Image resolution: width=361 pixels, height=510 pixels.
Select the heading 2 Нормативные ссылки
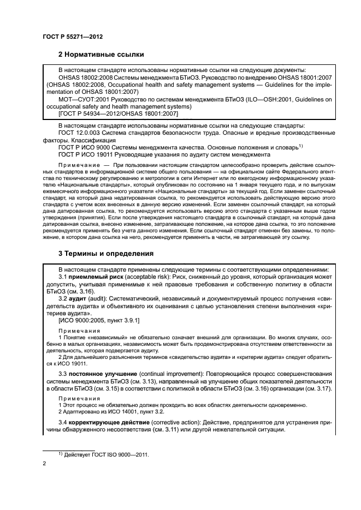point(100,55)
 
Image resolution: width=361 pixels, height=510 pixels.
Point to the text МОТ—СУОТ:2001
point(84,100)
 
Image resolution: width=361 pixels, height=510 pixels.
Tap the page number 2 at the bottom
point(44,463)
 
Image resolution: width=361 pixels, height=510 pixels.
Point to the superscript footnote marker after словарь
point(300,146)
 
